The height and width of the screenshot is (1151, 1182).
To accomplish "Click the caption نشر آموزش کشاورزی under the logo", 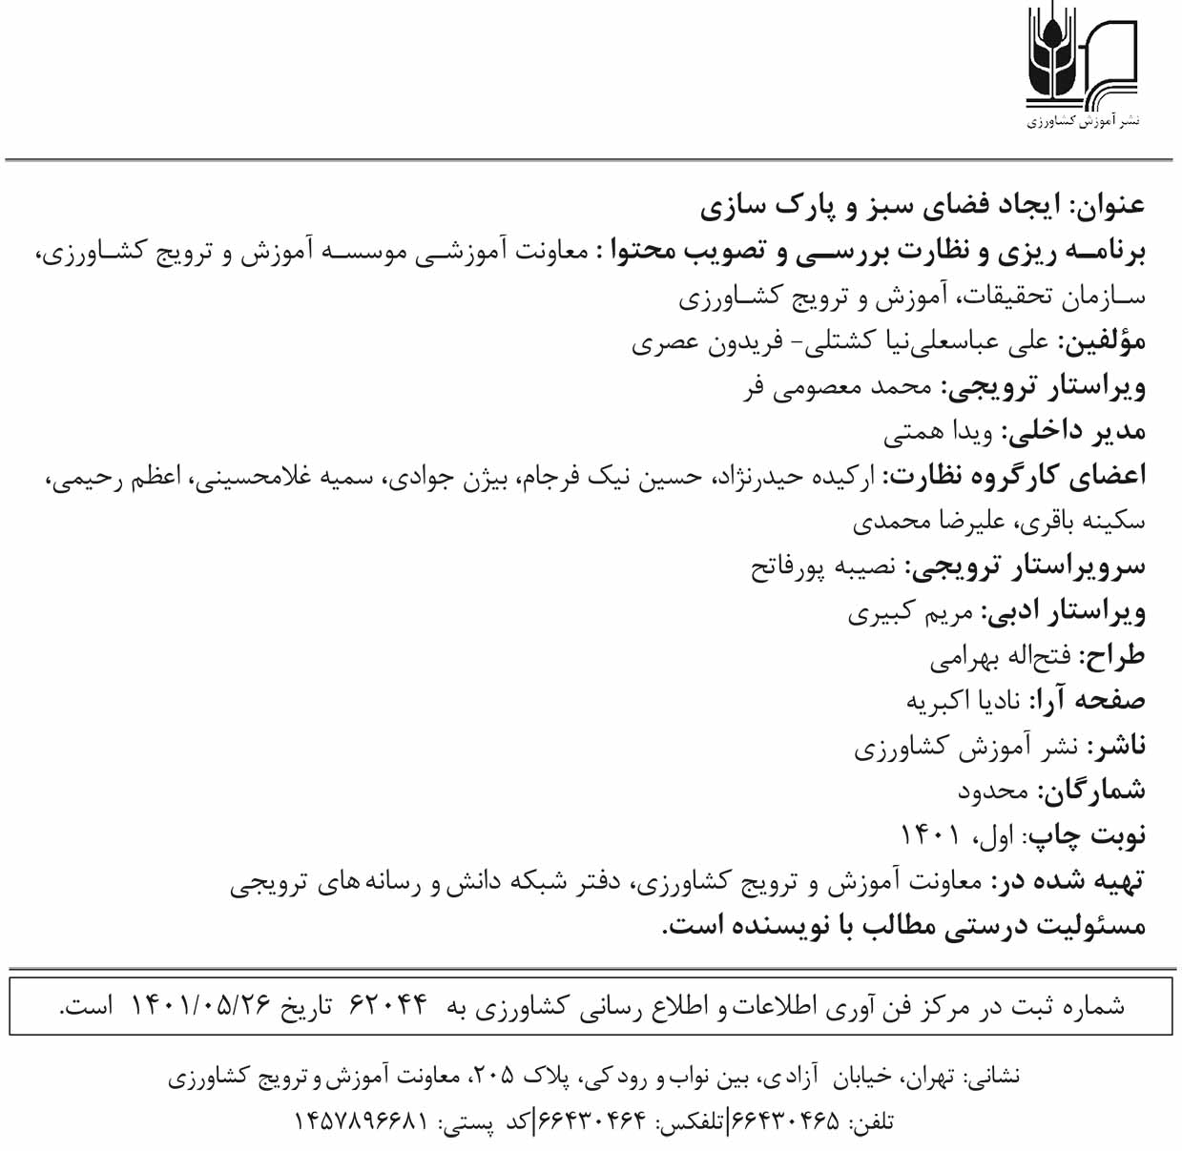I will pos(1083,122).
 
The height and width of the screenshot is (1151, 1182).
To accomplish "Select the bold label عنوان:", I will pos(1109,204).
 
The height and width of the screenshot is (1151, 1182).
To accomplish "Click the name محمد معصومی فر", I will pos(838,387).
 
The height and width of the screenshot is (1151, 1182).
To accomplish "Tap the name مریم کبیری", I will pos(910,612).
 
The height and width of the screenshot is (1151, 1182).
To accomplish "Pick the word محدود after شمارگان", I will pos(993,791).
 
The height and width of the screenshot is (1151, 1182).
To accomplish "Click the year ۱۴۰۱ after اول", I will pos(929,836).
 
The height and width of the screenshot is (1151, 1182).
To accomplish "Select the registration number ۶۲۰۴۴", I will pos(390,1004).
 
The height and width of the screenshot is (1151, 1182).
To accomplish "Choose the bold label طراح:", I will pos(1111,657).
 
